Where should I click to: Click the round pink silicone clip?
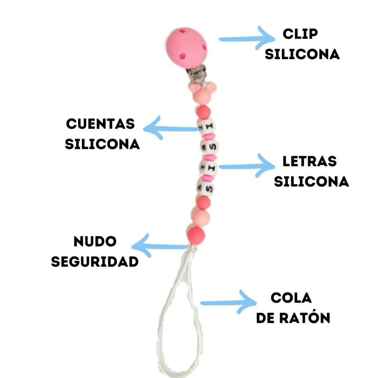[186, 48]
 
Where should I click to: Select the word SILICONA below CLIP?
[302, 54]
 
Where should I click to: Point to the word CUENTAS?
[100, 124]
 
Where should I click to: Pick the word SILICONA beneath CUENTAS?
[103, 144]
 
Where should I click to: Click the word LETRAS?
[309, 161]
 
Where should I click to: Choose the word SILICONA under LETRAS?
[311, 182]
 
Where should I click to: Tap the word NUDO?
[95, 241]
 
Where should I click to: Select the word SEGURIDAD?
[95, 262]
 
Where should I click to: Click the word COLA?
[291, 298]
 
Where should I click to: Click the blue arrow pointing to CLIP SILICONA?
[247, 38]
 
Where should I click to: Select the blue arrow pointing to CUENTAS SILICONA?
[171, 128]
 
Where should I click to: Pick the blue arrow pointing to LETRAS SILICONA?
[247, 166]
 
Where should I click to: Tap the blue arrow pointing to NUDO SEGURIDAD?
[160, 246]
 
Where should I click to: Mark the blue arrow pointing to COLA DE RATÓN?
[228, 302]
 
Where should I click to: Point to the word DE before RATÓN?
[265, 318]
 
